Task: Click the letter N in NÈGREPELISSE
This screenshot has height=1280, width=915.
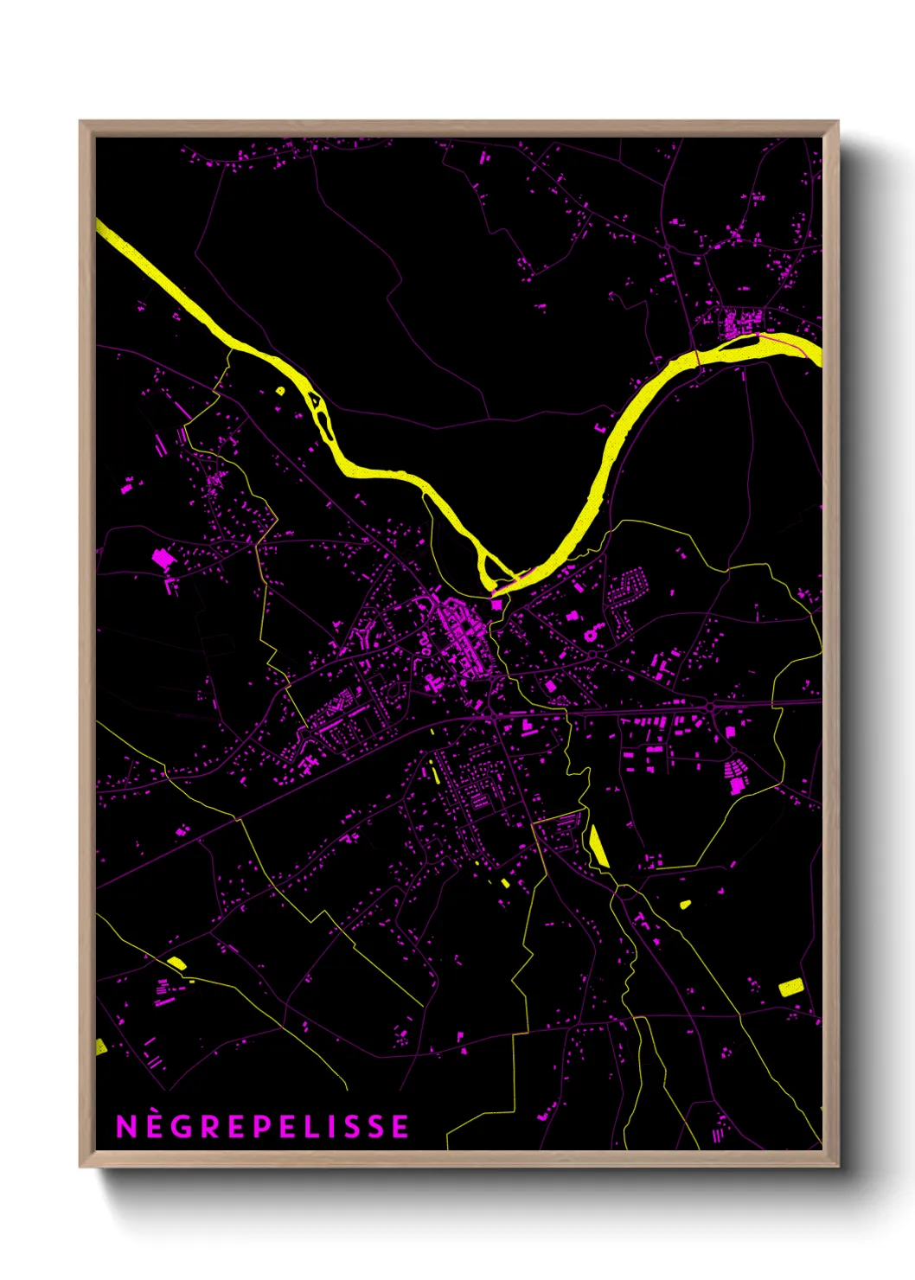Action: pyautogui.click(x=126, y=1126)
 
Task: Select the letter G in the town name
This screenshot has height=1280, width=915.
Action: pyautogui.click(x=182, y=1126)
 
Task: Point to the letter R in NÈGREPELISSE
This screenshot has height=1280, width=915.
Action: pyautogui.click(x=211, y=1126)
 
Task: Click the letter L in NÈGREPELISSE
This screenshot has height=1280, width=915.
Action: pyautogui.click(x=319, y=1126)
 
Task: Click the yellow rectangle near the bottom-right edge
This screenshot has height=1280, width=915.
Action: pyautogui.click(x=790, y=987)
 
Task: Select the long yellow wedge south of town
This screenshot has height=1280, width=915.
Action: pyautogui.click(x=598, y=846)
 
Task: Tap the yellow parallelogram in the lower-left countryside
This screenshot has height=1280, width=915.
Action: pyautogui.click(x=176, y=963)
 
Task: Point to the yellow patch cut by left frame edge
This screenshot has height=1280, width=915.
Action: pyautogui.click(x=100, y=1047)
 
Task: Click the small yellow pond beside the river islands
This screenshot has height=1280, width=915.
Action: pyautogui.click(x=279, y=391)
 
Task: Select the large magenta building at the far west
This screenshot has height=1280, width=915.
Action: pyautogui.click(x=162, y=558)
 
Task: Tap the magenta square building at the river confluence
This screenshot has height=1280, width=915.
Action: pyautogui.click(x=496, y=605)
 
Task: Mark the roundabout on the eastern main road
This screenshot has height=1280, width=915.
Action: pyautogui.click(x=710, y=707)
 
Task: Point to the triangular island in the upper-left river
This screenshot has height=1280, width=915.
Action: pyautogui.click(x=317, y=401)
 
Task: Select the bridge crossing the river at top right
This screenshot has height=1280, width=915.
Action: pyautogui.click(x=697, y=357)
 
